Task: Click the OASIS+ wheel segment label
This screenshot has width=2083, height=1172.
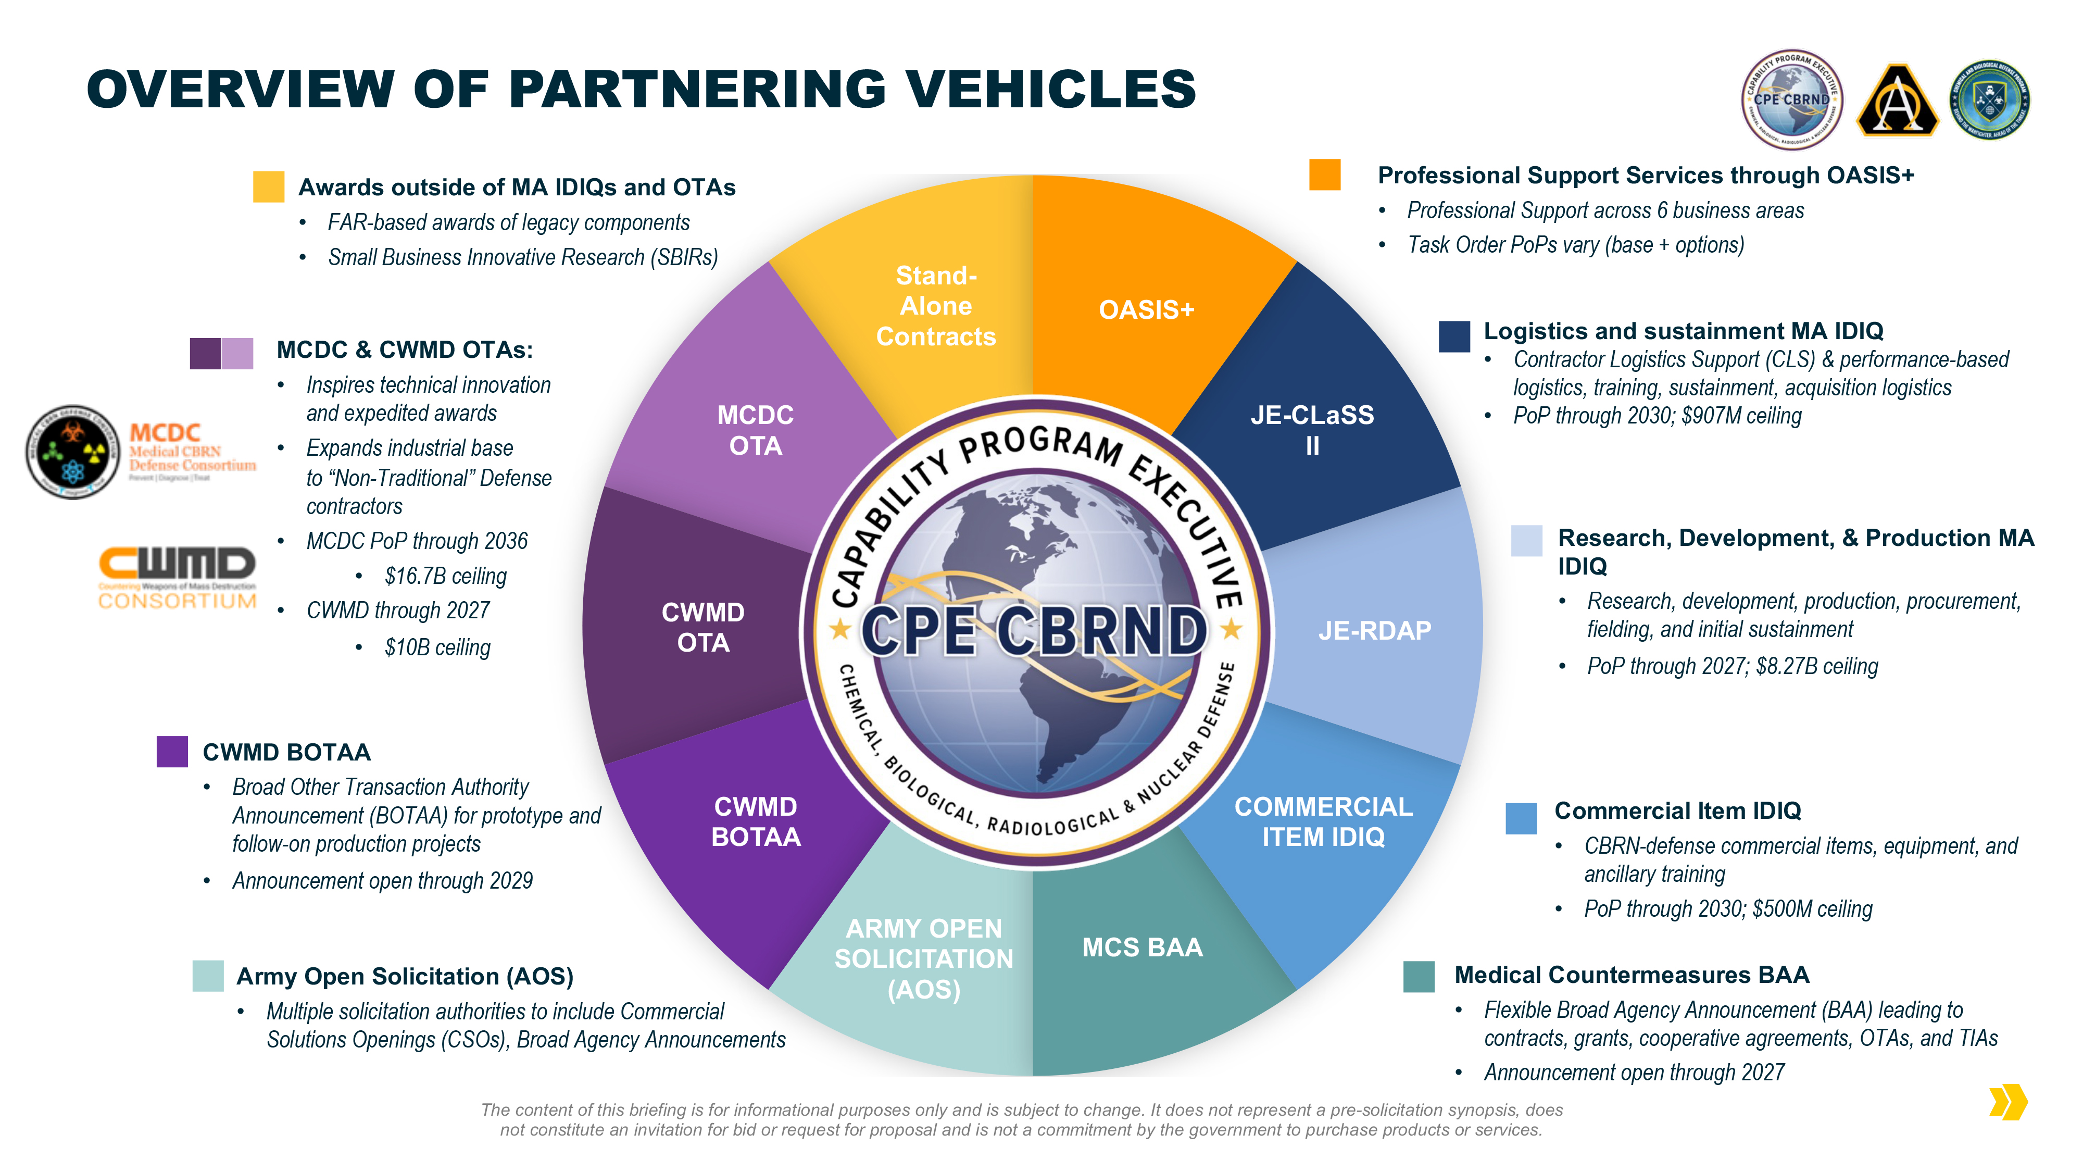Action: coord(1146,310)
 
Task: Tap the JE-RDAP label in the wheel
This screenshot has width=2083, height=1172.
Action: coord(1374,630)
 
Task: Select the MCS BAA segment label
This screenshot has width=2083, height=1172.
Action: coord(1142,947)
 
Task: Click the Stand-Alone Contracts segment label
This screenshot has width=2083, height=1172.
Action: coord(936,306)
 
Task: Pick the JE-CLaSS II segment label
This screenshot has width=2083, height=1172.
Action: coord(1312,430)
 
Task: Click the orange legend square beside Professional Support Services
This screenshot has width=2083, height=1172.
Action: coord(1324,174)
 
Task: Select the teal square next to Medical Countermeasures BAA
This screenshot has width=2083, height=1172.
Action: coord(1419,976)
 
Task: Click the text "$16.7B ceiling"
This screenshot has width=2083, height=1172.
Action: coord(446,576)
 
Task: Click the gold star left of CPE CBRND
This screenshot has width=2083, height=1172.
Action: coord(840,629)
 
